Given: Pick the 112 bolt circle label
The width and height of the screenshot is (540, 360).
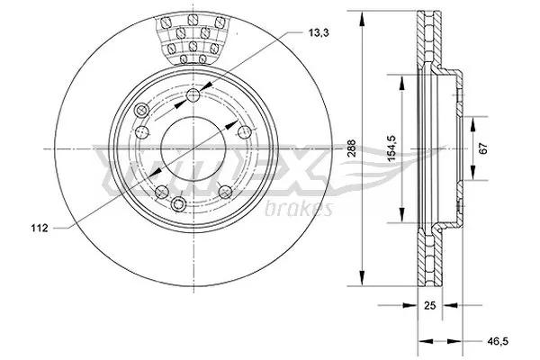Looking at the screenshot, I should pos(37,227).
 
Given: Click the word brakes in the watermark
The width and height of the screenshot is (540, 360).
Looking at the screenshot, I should pos(300,209).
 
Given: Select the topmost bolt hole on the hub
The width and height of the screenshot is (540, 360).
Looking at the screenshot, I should pos(195,96).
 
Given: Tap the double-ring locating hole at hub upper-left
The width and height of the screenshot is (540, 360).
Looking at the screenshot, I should pos(140,110).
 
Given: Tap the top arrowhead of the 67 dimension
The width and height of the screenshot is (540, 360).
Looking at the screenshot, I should pos(473,119).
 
